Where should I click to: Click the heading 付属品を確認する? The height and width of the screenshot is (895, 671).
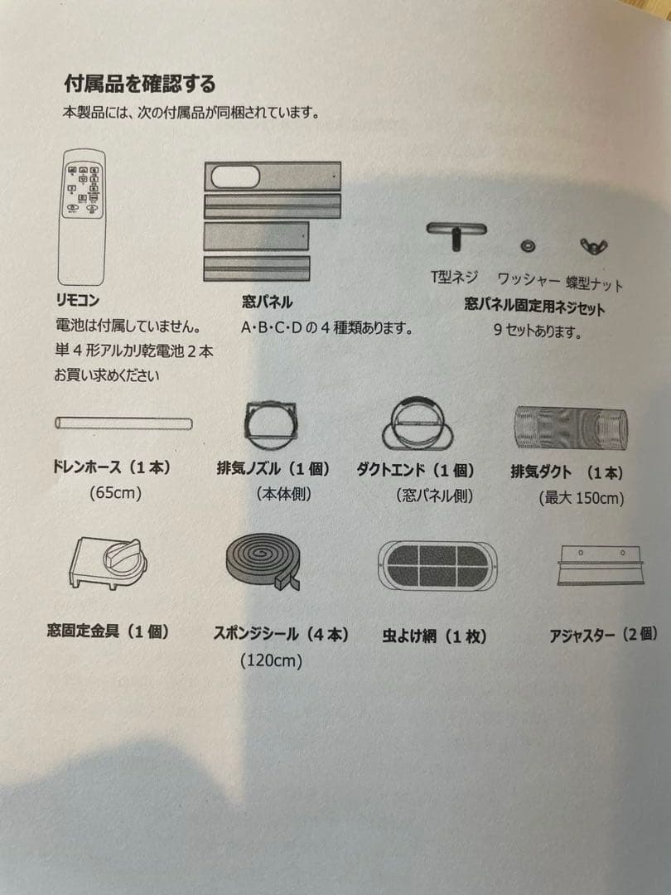click(140, 84)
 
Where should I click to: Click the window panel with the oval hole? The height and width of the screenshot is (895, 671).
click(272, 177)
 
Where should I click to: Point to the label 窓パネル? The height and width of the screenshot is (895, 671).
click(266, 303)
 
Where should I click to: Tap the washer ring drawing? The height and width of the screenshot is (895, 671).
click(528, 246)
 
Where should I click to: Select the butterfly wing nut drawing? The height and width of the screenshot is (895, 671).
click(592, 246)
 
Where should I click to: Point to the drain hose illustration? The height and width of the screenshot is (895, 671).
click(123, 423)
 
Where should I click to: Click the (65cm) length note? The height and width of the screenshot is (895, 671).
click(115, 493)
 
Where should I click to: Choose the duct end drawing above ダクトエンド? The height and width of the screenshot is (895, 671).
click(418, 423)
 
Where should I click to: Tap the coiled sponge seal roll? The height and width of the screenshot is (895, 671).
click(263, 561)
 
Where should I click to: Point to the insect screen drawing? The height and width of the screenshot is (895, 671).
click(437, 565)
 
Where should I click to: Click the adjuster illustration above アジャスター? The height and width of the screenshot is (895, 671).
click(601, 565)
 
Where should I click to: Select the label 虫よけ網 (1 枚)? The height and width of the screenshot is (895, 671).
click(434, 636)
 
